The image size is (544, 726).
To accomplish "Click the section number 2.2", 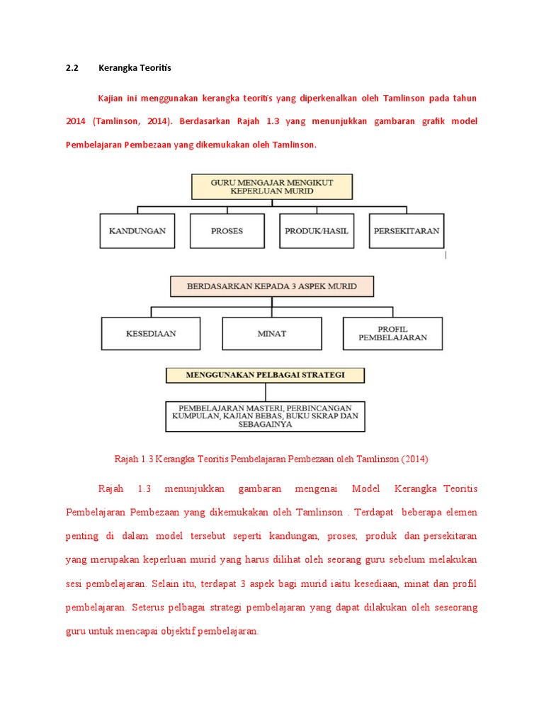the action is [x=71, y=68].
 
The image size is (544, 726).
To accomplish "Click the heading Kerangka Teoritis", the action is [x=135, y=68].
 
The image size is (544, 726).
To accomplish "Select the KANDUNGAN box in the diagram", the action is [x=137, y=230].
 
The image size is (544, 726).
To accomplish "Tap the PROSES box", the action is [x=227, y=230].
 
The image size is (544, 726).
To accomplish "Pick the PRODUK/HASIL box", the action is [x=317, y=230].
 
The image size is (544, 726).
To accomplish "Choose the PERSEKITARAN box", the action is [x=407, y=230].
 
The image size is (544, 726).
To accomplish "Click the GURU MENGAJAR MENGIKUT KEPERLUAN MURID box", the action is [x=272, y=186].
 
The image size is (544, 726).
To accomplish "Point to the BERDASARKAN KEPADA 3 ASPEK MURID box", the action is [x=272, y=286].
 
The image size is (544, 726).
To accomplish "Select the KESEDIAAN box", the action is [x=151, y=333].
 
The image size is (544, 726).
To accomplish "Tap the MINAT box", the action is [x=272, y=333].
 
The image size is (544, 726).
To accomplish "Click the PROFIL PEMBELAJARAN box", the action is [x=392, y=333].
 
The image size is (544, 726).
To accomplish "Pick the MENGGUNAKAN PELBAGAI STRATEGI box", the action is [x=265, y=375].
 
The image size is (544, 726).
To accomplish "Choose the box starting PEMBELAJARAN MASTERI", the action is [x=265, y=417].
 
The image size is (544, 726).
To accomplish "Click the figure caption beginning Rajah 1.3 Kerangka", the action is [x=271, y=459].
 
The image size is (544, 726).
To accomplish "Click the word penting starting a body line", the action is [x=81, y=535].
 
